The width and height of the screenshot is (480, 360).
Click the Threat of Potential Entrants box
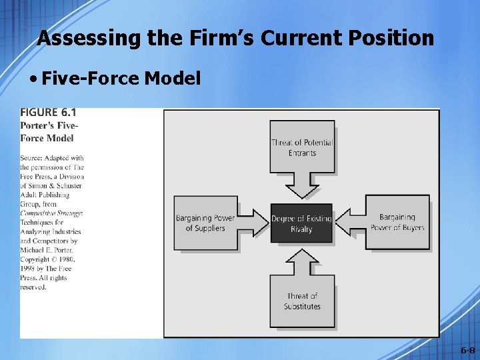click(x=302, y=147)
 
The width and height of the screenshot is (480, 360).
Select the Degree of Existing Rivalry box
click(x=301, y=224)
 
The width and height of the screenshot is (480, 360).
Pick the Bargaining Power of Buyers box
click(x=397, y=222)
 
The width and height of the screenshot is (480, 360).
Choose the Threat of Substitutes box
click(x=302, y=301)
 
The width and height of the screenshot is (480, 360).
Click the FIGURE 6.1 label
click(x=48, y=113)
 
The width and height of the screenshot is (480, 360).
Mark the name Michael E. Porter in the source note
click(x=49, y=249)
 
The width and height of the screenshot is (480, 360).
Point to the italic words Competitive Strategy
click(x=51, y=213)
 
